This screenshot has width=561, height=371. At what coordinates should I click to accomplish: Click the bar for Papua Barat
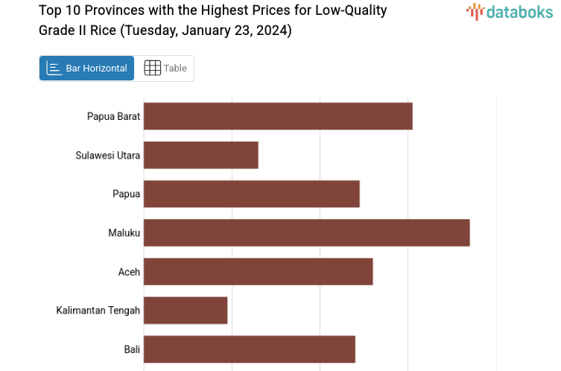[x=278, y=116]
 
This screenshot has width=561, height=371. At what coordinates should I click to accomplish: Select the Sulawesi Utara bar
[x=201, y=155]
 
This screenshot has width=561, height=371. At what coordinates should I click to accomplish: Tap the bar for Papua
[x=252, y=194]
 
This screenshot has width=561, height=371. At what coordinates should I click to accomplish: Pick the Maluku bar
[x=306, y=232]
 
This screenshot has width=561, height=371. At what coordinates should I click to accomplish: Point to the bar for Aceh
[x=258, y=271]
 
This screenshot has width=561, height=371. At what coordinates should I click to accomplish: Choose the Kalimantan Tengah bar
[x=186, y=310]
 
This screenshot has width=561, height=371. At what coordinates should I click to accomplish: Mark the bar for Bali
[x=250, y=349]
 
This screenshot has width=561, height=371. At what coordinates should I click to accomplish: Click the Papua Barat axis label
[x=113, y=116]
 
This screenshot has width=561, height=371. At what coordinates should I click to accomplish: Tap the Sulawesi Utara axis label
[x=108, y=155]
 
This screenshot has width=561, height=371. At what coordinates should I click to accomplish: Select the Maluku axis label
[x=124, y=232]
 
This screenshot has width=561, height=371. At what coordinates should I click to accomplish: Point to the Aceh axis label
[x=129, y=271]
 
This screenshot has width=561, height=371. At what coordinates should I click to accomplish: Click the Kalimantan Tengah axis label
[x=98, y=310]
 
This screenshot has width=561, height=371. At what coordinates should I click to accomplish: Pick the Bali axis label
[x=133, y=349]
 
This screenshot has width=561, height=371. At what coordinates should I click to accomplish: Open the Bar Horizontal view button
[x=86, y=68]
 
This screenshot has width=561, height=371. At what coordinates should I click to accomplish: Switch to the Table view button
[x=165, y=68]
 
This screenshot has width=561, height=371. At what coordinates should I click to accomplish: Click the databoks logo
[x=510, y=11]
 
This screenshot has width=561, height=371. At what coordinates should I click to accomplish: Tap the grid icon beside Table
[x=152, y=68]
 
